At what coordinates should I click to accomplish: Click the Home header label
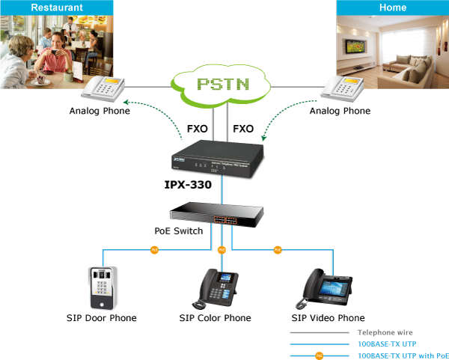point(393,7)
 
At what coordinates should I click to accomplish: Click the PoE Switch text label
point(178,231)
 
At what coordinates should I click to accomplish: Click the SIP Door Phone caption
point(102,318)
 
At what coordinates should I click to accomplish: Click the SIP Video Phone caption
point(328,318)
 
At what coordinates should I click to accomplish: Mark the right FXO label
point(243,129)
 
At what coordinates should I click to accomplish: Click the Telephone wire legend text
point(385,332)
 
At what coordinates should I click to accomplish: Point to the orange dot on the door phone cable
point(155,248)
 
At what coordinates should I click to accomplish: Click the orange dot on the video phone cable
point(277,248)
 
